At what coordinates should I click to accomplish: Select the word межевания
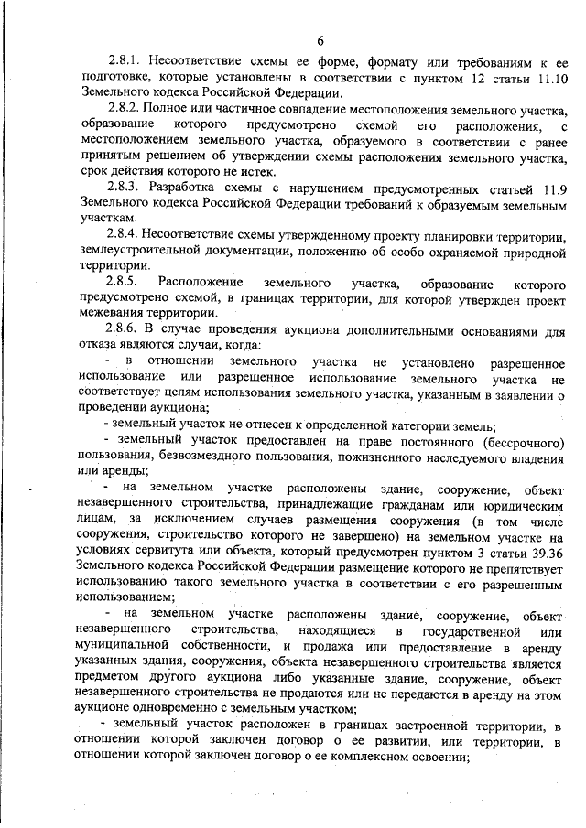pyautogui.click(x=114, y=312)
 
